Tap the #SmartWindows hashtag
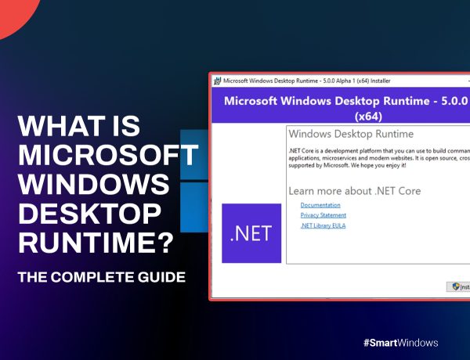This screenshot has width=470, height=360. pos(400,343)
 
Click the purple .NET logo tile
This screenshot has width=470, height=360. pos(251,233)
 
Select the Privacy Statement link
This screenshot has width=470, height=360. pos(323,215)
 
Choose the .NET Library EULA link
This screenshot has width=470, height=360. pos(323,225)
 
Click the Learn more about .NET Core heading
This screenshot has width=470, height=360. pos(354,191)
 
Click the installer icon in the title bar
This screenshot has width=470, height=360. pos(216,81)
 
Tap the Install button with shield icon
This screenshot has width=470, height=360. pos(459,287)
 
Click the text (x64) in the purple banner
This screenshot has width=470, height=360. pos(367,115)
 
